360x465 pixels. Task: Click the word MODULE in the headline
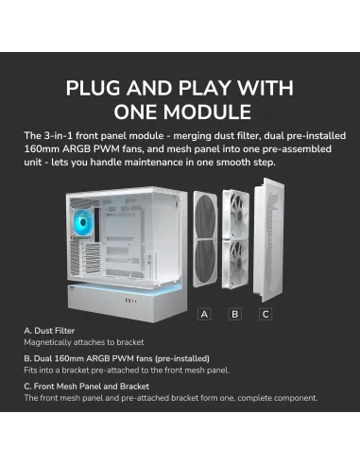207,112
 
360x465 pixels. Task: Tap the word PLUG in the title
93,88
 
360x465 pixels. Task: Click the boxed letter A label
204,314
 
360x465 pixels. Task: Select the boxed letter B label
234,314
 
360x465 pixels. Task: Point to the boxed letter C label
266,314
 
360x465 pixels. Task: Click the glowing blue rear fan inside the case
83,223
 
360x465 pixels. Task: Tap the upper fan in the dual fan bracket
236,214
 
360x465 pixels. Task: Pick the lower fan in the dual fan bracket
236,264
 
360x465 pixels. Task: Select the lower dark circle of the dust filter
205,263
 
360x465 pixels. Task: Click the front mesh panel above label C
269,239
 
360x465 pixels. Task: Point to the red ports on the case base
129,301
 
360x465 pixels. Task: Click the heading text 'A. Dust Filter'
49,331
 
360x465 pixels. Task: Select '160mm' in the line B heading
69,358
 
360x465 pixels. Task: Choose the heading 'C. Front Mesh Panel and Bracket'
87,387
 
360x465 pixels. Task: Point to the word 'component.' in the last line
296,398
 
